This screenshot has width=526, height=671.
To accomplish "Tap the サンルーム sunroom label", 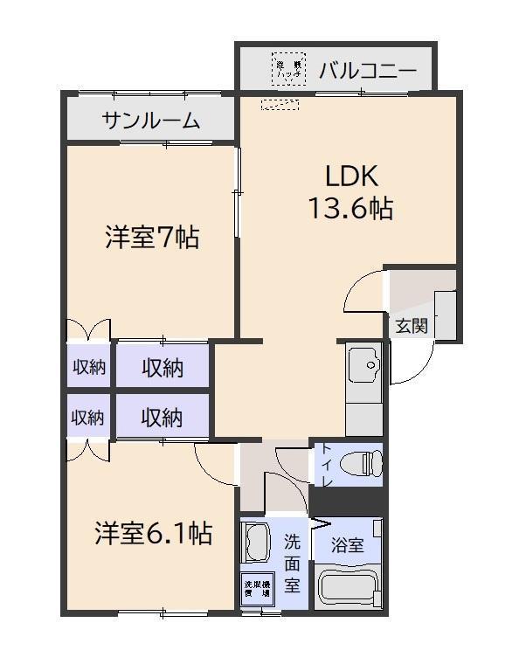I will click(x=150, y=121).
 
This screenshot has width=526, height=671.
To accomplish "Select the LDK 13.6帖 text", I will click(x=350, y=192).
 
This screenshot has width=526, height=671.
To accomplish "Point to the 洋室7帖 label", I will click(x=152, y=237).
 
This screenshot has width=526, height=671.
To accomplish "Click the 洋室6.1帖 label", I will click(x=152, y=533).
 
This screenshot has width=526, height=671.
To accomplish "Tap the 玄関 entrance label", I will click(x=411, y=327).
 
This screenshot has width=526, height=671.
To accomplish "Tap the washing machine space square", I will click(x=257, y=587).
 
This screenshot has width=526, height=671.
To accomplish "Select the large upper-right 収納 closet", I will click(x=163, y=368).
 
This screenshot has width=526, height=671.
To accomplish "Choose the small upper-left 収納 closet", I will click(x=87, y=368).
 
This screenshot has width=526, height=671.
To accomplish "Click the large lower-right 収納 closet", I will click(x=163, y=418).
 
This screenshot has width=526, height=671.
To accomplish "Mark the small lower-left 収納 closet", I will click(x=87, y=418).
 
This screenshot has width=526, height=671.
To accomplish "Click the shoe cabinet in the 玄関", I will click(x=446, y=315).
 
